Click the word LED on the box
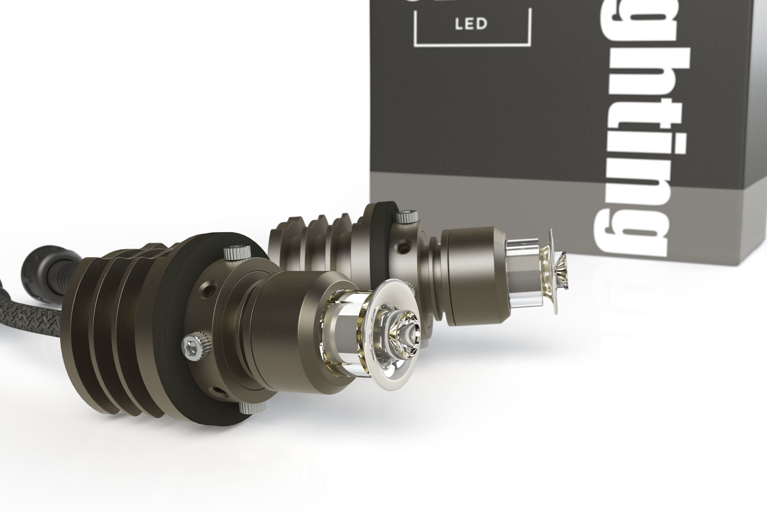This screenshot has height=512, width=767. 471,24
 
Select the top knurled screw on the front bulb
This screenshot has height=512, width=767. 237,252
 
